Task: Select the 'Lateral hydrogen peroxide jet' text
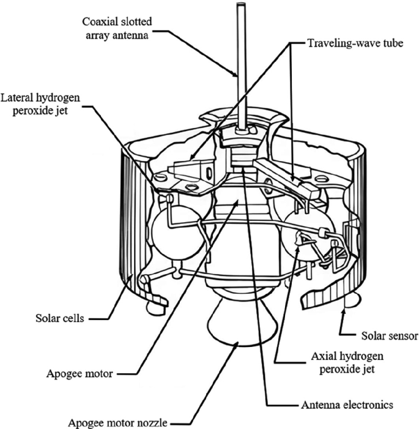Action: (42, 103)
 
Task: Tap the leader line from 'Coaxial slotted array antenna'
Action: (202, 52)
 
